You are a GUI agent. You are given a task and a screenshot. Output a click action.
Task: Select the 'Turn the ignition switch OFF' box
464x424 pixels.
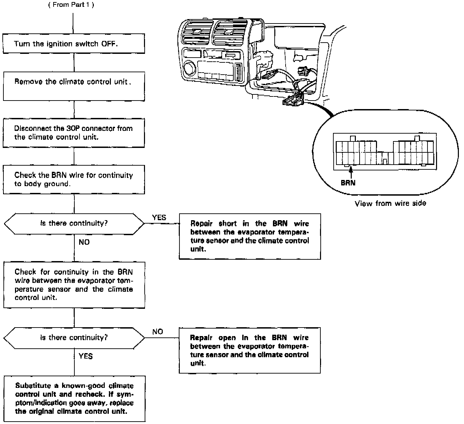click(74, 44)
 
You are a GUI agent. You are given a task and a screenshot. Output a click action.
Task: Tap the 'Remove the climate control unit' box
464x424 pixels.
click(74, 86)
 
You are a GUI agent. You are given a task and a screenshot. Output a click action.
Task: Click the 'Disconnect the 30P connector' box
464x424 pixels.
click(74, 133)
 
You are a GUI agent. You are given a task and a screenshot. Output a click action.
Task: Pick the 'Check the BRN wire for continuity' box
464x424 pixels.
click(74, 180)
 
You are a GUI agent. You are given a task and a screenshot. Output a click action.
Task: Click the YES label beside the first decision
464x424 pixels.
click(159, 217)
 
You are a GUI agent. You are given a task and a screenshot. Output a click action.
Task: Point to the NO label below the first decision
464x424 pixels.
click(84, 242)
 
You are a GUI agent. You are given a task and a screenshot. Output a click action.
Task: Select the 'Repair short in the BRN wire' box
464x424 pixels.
click(250, 236)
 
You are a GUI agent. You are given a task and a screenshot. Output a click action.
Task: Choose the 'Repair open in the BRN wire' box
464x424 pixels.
click(250, 350)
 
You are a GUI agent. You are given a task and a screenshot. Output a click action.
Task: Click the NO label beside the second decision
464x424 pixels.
click(158, 332)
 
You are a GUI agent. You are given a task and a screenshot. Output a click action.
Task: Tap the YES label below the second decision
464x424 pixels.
click(86, 356)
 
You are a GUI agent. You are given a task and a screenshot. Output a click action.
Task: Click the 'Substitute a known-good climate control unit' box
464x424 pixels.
click(74, 399)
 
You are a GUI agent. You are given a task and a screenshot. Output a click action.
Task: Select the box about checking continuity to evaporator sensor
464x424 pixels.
click(74, 285)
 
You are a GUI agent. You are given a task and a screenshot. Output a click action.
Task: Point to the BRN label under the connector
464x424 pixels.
click(348, 183)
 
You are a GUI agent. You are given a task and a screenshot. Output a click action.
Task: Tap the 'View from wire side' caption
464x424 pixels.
click(390, 203)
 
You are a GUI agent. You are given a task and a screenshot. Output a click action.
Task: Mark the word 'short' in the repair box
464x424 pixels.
click(228, 224)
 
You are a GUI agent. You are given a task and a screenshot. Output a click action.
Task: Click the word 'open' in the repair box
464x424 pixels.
click(227, 338)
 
